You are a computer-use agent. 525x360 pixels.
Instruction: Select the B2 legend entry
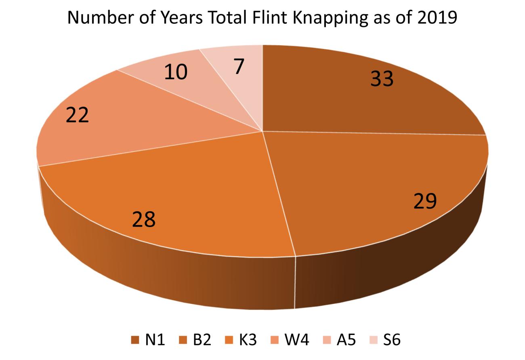pos(196,340)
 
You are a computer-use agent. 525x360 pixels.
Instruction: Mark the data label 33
pos(382,79)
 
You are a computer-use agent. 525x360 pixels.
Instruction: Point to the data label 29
pos(425,201)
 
